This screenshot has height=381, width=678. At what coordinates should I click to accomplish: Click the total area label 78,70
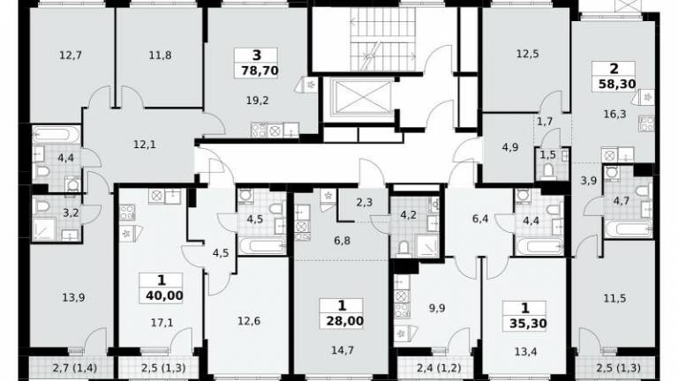(260, 71)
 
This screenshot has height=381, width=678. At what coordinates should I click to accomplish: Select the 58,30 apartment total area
(617, 84)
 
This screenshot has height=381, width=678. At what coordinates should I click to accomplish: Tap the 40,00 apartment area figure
(164, 296)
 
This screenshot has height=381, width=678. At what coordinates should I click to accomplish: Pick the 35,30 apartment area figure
(528, 324)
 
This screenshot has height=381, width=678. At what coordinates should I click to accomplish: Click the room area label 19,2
(258, 101)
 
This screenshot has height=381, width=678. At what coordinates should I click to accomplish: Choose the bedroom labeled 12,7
(71, 56)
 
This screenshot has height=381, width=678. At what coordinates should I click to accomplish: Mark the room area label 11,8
(160, 56)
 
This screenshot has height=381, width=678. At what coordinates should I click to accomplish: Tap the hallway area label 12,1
(145, 145)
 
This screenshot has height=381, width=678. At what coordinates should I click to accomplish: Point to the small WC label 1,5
(548, 155)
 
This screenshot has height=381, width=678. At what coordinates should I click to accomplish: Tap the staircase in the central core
(382, 39)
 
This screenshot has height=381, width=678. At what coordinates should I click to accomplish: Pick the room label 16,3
(614, 115)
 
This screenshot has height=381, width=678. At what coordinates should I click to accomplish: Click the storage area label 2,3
(365, 202)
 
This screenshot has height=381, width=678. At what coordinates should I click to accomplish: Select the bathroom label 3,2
(71, 213)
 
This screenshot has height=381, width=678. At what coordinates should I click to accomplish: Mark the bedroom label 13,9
(73, 297)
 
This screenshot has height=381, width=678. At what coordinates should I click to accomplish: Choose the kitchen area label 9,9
(437, 309)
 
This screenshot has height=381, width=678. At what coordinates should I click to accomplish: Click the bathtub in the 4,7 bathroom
(629, 229)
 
